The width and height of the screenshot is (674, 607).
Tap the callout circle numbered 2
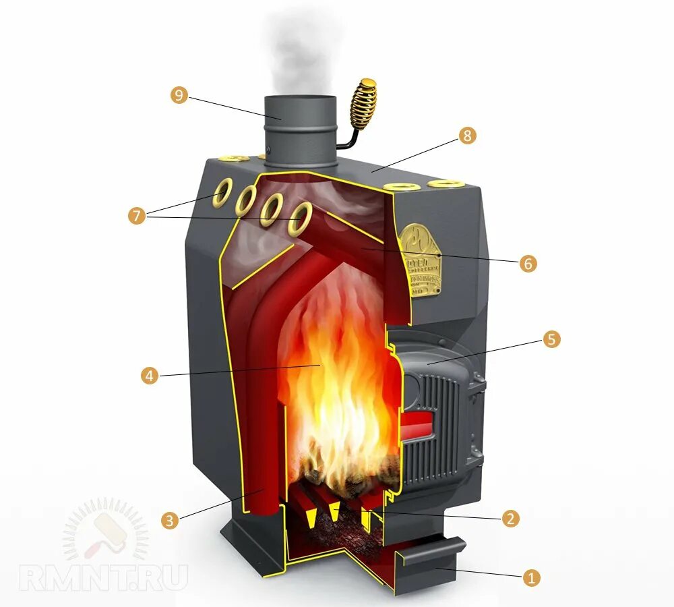coord(511,518)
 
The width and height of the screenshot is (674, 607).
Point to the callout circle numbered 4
coord(150,375)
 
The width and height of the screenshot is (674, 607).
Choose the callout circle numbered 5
coord(551,339)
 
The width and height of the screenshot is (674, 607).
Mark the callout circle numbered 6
coord(528,264)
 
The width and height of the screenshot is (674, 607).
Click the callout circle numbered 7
coord(137,216)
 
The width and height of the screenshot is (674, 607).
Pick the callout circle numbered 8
coord(467,136)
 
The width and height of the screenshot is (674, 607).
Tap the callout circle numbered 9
coord(179,95)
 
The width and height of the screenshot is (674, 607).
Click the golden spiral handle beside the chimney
coord(363,105)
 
